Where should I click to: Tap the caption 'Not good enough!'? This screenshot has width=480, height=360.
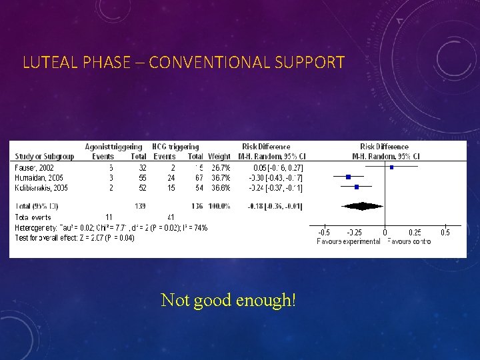[x=228, y=300]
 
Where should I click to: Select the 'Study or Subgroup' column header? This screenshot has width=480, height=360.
[x=45, y=157]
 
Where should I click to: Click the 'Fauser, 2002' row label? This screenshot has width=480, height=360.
[x=34, y=167]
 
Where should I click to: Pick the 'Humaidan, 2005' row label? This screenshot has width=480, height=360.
[x=39, y=177]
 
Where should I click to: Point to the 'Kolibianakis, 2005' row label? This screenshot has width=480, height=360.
[x=41, y=187]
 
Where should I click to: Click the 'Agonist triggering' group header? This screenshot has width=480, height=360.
[x=114, y=147]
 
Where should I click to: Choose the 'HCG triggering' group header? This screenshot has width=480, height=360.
[x=176, y=147]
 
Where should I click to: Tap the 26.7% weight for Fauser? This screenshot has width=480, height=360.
[x=220, y=167]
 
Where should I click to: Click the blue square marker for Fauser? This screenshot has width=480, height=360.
[x=391, y=167]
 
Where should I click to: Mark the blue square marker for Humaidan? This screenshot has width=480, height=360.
[x=348, y=177]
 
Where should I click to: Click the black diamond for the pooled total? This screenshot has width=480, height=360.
[x=363, y=207]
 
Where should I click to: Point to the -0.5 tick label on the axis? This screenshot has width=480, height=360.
[x=323, y=232]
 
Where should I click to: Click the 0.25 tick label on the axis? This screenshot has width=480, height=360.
[x=414, y=232]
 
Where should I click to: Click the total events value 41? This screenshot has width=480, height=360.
[x=171, y=217]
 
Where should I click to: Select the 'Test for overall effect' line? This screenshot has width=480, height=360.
[x=74, y=237]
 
